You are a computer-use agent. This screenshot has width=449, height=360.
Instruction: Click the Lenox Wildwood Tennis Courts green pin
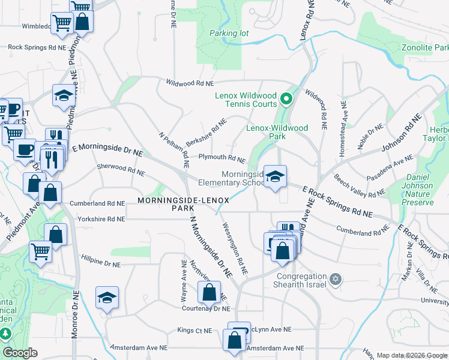pos(286,99)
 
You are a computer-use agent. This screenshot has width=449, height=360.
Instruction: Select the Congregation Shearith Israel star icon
pos(336,279)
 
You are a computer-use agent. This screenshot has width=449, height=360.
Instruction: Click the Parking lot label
pos(229,34)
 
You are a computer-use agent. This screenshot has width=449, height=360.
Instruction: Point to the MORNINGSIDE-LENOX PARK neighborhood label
pos(174,204)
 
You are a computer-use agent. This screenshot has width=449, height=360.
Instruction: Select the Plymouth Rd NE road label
pos(222,158)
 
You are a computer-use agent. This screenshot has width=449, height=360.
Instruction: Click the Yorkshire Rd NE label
pos(97,220)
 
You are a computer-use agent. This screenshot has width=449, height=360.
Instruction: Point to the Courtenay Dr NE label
pos(206,309)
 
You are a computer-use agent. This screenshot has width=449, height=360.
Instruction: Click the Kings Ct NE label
pos(194,330)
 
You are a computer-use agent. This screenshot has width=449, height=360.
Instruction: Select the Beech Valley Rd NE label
pos(359,187)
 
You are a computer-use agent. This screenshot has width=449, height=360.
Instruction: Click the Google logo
pos(20,353)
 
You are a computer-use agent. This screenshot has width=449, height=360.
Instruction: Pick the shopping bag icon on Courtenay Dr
pos(209,293)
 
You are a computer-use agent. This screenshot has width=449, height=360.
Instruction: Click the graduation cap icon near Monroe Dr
pos(107,298)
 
